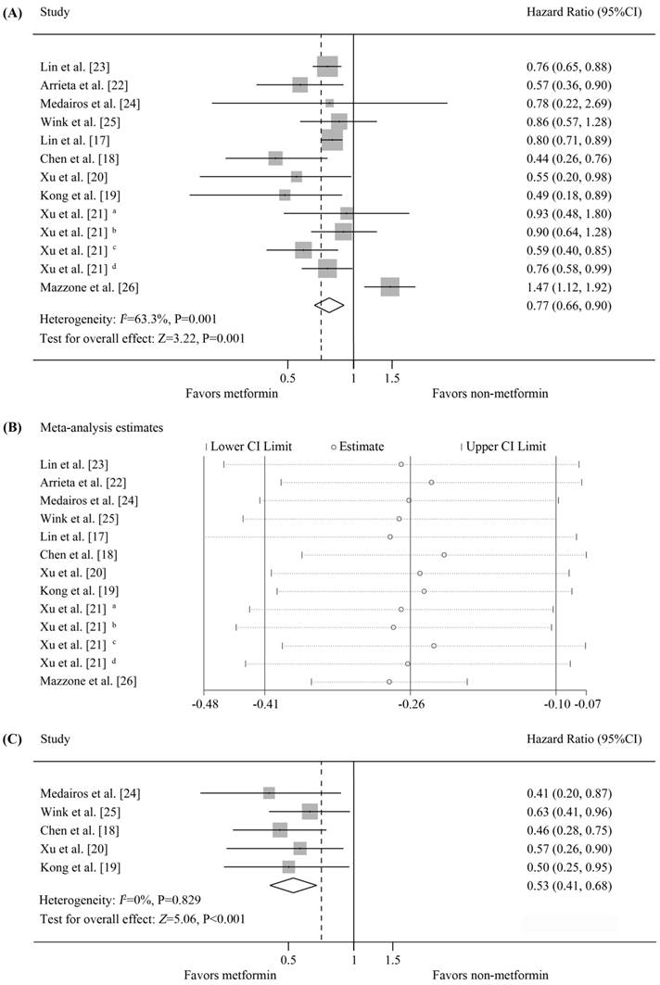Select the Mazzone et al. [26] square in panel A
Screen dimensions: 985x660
(x=389, y=287)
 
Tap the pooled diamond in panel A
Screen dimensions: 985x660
(x=329, y=304)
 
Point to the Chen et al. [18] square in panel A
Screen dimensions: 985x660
(x=275, y=158)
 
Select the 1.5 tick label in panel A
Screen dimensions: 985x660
(x=392, y=377)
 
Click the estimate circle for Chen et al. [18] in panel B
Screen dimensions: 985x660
(x=444, y=555)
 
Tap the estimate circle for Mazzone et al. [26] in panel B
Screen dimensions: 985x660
(x=389, y=682)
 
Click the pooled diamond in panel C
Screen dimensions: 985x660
(x=293, y=885)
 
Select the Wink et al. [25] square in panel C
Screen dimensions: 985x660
(x=310, y=812)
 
